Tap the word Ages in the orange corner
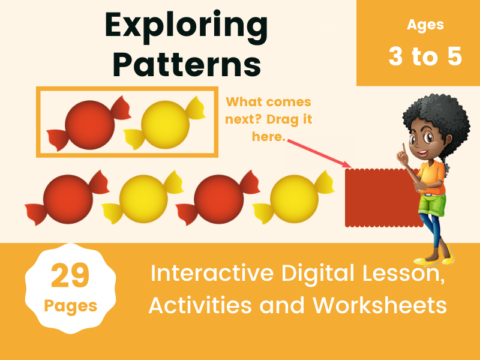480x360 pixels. point(425,25)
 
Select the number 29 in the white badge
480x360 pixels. point(70,276)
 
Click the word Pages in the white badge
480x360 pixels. point(71,306)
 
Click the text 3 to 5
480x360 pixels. point(425,56)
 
